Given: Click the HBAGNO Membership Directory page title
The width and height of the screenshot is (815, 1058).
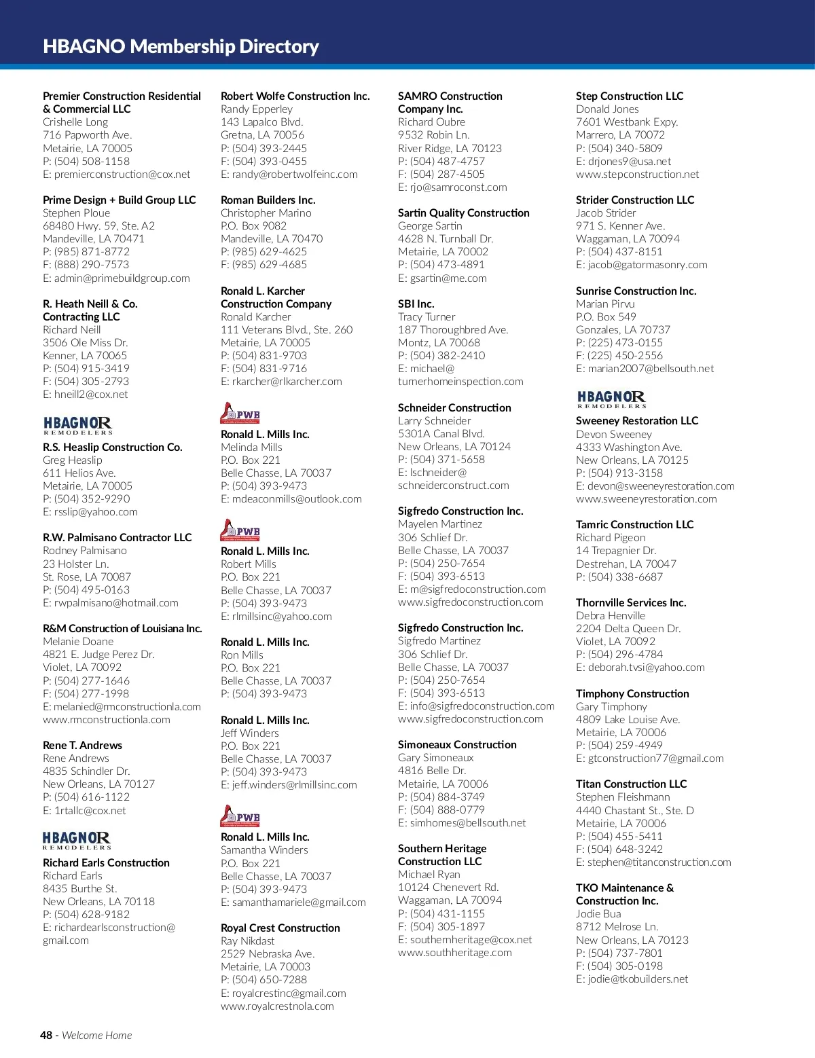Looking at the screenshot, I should coord(181,46).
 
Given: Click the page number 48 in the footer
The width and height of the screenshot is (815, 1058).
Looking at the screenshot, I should coord(46,1035).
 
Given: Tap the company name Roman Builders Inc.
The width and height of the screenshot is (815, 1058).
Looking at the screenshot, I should coord(268,200).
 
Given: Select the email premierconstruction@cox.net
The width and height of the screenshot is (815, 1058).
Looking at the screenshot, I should coord(122,175).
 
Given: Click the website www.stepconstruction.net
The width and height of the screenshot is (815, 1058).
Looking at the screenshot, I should coord(637,175).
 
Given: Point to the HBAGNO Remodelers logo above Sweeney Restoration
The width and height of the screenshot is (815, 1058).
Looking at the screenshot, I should coord(611,399).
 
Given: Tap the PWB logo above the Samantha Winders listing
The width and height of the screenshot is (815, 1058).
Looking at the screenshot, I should coord(240,816).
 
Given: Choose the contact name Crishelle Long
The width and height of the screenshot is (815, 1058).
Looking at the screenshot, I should coord(75,122).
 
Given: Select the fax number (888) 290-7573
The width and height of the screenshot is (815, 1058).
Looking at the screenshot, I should coord(92,265).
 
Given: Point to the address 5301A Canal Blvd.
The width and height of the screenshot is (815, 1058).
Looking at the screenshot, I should coord(441,433).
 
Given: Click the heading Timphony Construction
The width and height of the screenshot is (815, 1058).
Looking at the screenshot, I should coord(632,693).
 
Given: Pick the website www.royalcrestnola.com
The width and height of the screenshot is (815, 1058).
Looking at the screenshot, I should coord(277,1006).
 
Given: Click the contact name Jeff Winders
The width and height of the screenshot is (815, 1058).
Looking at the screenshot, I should coord(250,733).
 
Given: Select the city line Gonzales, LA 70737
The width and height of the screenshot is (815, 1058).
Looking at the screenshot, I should coord(623,329).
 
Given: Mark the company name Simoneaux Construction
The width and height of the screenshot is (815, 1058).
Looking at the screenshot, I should coord(457,744).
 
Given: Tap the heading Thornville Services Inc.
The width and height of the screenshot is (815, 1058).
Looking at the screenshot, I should coord(631,602).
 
